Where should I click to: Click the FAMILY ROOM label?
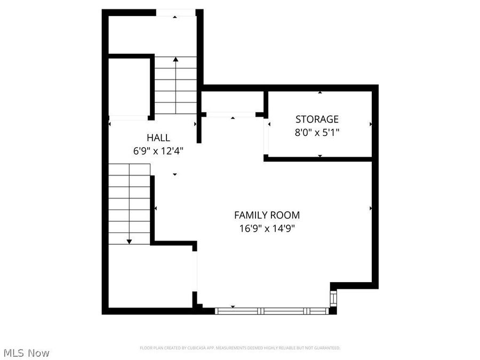coord(267,215)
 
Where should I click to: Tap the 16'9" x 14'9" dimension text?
coord(267,229)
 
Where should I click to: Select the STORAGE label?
coord(317,119)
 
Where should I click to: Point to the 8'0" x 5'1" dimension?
coord(317,132)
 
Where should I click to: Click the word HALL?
coord(158,138)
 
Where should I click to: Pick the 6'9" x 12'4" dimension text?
coord(158,151)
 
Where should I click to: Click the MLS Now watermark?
coord(26,353)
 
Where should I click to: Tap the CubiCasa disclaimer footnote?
coord(240,348)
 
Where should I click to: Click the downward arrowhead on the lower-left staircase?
coord(129,242)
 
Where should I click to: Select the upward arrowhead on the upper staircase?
coord(175,60)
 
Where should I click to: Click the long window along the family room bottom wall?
coord(272,310)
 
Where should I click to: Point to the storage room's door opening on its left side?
coord(267,138)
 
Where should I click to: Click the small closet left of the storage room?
coord(233,102)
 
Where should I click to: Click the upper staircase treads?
coord(175,85)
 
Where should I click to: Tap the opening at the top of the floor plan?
coord(175,13)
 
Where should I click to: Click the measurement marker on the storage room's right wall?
coord(371,124)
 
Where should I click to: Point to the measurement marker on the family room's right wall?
coord(371,208)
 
